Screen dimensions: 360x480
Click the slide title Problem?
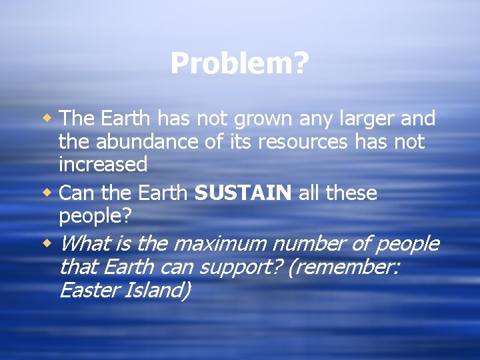(x=239, y=64)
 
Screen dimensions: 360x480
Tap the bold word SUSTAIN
(x=243, y=193)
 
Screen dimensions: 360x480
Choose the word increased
(x=103, y=163)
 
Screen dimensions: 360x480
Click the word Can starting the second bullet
(x=76, y=193)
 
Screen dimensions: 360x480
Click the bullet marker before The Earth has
(x=49, y=119)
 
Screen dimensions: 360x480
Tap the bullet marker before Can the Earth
(x=49, y=193)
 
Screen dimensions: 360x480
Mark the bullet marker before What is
(x=49, y=244)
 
